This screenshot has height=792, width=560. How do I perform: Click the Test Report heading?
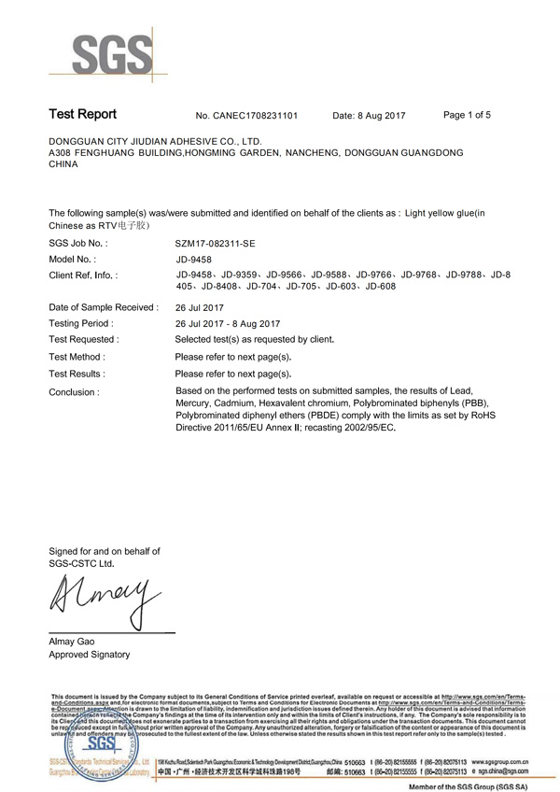82,115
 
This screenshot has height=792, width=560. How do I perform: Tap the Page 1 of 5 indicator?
467,115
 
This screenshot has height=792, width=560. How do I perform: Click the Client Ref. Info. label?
83,276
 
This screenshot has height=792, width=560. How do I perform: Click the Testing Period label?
80,323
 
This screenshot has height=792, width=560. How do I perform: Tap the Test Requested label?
83,340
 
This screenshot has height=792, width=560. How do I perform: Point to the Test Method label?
77,357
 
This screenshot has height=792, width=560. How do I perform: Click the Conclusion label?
74,392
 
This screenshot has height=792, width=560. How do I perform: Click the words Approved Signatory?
89,655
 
